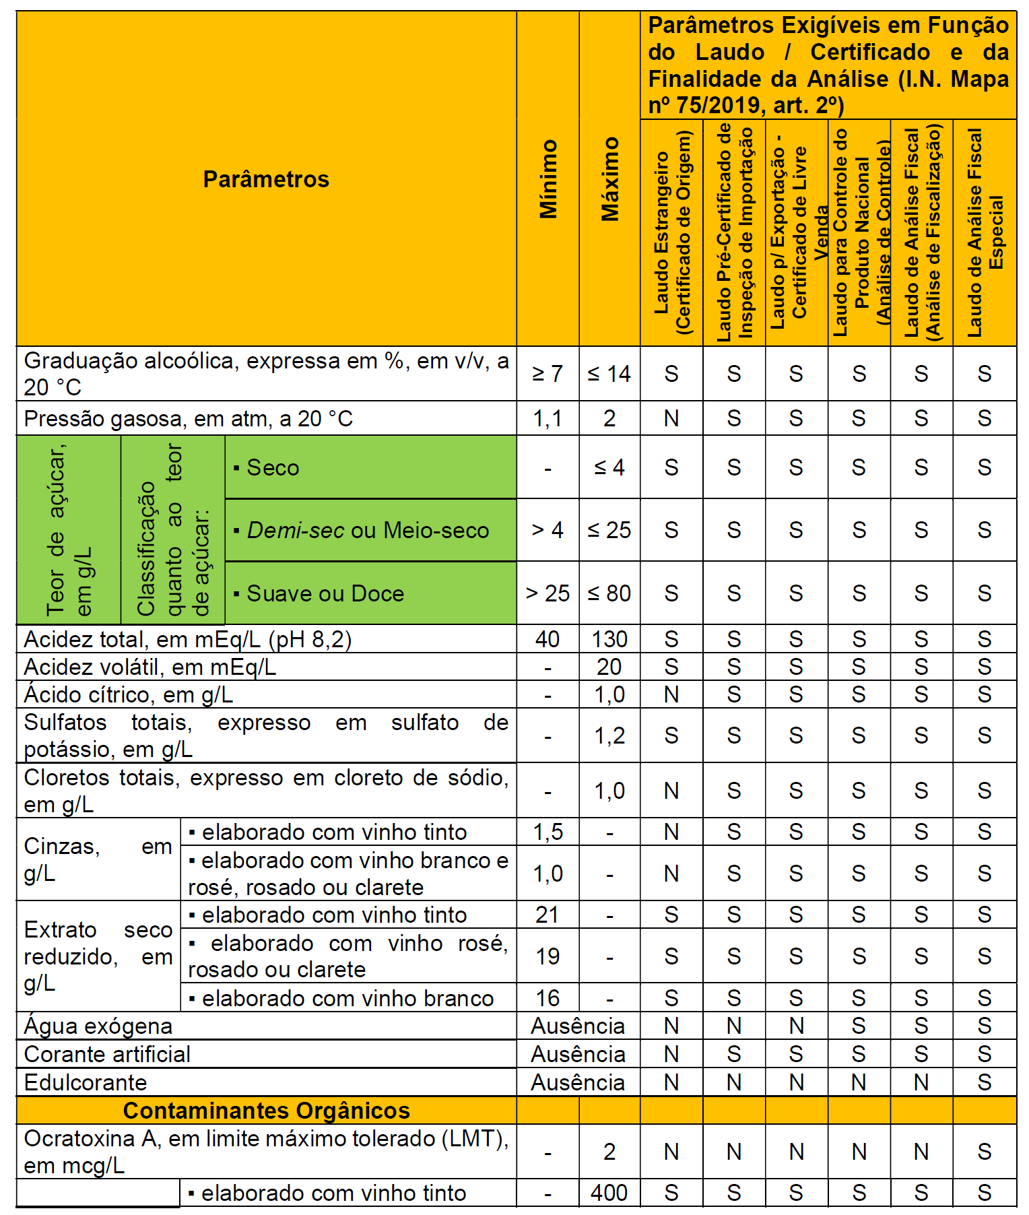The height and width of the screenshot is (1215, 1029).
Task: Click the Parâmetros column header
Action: (266, 179)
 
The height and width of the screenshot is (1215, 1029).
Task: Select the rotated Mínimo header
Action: (548, 179)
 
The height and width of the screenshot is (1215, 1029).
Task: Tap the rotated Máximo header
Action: (610, 179)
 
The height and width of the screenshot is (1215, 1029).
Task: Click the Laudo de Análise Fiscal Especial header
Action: (985, 232)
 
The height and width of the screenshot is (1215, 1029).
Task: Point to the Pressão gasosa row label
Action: (189, 419)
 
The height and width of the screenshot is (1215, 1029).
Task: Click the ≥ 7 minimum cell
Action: (547, 374)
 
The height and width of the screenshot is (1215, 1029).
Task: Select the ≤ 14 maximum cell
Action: (609, 374)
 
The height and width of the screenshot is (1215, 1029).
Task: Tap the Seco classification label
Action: (273, 467)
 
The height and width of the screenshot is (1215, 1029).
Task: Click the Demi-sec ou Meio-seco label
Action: (368, 530)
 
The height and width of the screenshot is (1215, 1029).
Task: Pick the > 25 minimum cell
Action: (547, 593)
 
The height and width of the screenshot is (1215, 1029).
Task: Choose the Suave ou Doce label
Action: (325, 593)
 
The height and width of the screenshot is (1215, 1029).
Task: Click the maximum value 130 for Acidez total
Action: (609, 639)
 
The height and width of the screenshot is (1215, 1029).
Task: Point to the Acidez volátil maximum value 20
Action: (609, 667)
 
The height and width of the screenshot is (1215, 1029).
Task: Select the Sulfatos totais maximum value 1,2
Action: (609, 735)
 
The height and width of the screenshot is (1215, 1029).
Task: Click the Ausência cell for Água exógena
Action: (578, 1026)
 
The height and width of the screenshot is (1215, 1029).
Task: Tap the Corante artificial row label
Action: (108, 1054)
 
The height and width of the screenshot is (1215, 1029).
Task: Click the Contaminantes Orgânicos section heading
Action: (267, 1111)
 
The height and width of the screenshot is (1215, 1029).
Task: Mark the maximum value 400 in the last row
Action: (609, 1193)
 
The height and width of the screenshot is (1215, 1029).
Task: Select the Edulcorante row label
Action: (86, 1082)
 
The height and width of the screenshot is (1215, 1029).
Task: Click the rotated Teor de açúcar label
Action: (69, 530)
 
